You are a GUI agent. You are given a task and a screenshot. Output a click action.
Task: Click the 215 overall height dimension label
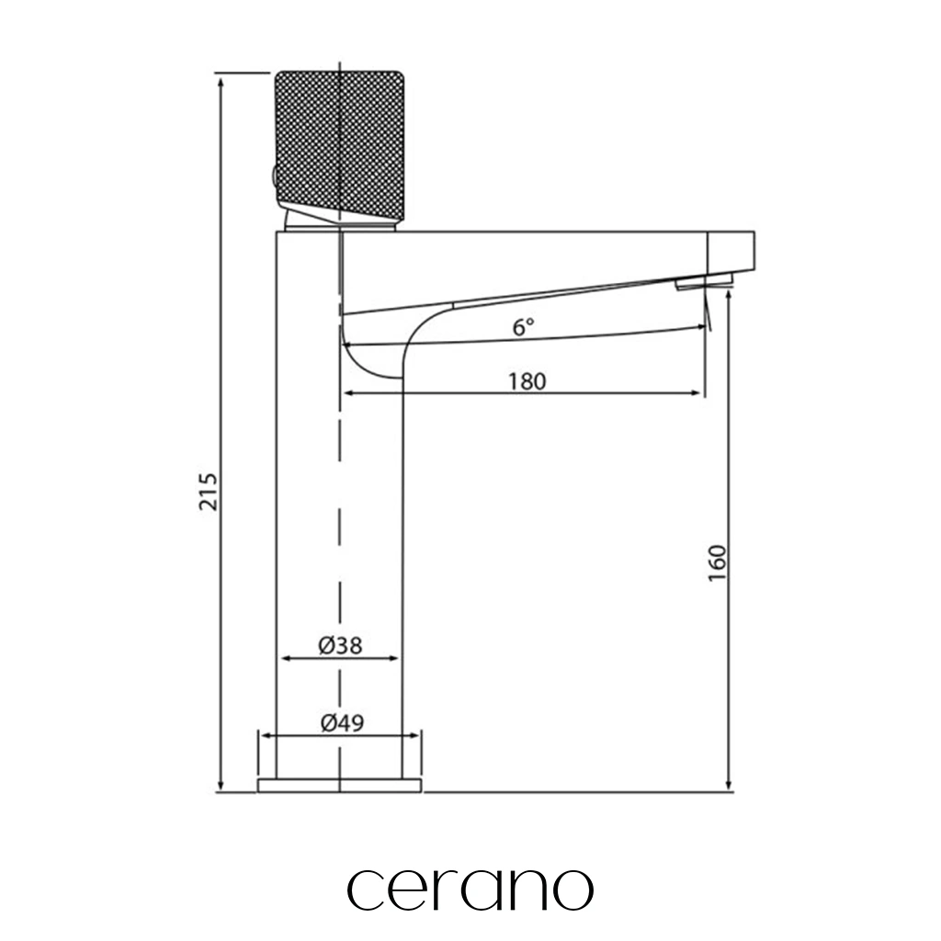click(209, 492)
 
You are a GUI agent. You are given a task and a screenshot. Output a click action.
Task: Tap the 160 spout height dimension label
click(717, 563)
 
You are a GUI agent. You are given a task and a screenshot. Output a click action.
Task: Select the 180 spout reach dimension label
click(527, 381)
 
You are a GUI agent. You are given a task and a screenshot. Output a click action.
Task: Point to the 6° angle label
click(523, 327)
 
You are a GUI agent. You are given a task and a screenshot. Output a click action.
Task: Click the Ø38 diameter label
click(340, 645)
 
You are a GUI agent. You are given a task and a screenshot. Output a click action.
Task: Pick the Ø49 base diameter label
click(342, 722)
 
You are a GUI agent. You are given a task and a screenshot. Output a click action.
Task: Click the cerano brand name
click(470, 890)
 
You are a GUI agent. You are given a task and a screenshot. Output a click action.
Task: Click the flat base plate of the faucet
click(340, 785)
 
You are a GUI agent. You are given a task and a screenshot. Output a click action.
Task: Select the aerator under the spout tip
click(704, 281)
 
